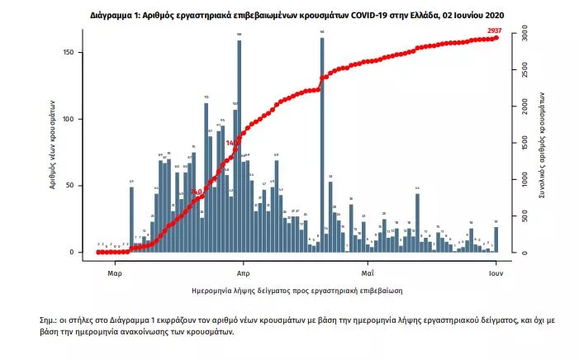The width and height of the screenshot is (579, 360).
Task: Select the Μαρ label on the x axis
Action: coord(115,271)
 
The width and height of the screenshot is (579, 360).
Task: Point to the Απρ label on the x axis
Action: coord(243,271)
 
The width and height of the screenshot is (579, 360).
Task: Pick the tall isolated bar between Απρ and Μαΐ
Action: coord(322,145)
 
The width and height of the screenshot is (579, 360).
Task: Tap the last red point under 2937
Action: coord(496,38)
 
